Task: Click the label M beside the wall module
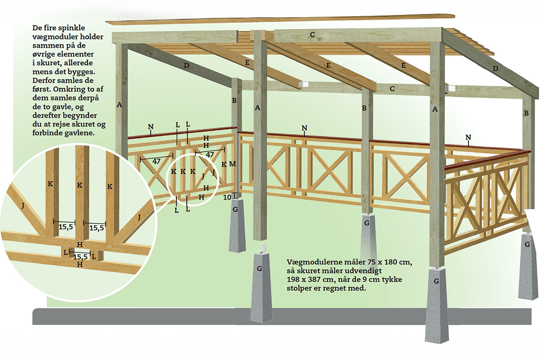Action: pos(232,164)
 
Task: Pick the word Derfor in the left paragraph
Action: pos(44,80)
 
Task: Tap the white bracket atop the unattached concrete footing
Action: pos(263,248)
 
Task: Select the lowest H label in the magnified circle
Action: pos(80,265)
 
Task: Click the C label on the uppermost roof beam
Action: pos(312,34)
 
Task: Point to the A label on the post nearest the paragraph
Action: pos(119,104)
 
